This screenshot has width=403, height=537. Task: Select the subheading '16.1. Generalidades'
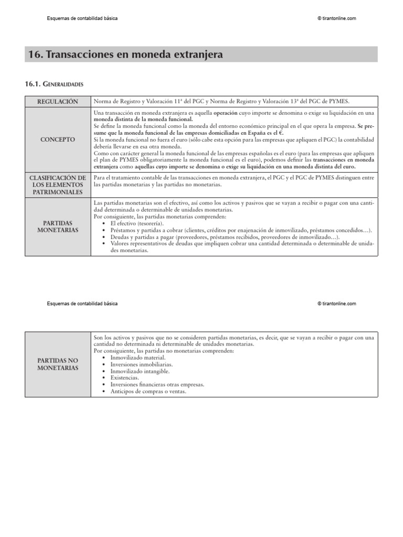(54, 84)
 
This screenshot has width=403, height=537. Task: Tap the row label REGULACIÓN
(58, 101)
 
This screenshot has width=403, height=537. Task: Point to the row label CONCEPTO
(58, 139)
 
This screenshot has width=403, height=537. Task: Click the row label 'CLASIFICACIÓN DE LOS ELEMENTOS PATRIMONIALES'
(58, 185)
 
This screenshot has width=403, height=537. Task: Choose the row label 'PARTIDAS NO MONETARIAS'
(58, 364)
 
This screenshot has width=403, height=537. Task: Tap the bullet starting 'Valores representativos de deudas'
(241, 244)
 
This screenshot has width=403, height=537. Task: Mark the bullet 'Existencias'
(124, 378)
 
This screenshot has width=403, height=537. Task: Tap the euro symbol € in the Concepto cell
(281, 133)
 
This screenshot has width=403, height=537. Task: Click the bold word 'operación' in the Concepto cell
(226, 113)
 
